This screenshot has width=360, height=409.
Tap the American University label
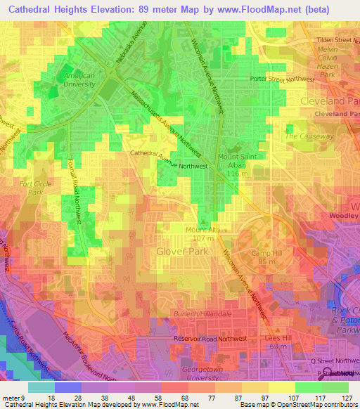pos(79,79)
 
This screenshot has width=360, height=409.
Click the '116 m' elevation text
pos(238,173)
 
